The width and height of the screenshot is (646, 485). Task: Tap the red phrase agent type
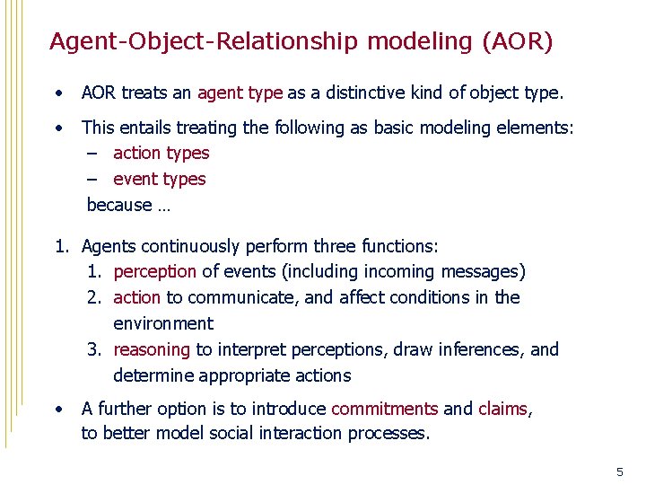(240, 93)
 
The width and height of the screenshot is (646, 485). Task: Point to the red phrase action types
(161, 154)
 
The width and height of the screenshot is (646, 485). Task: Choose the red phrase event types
(159, 180)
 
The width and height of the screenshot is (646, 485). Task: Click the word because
(118, 206)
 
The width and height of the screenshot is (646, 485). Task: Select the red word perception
(154, 271)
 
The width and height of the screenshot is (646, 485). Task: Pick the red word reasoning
(152, 349)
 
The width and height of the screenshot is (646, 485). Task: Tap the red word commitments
(384, 409)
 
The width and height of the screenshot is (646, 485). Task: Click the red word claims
(502, 409)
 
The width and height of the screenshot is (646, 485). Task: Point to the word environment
(163, 323)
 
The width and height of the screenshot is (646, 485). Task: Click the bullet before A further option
(58, 409)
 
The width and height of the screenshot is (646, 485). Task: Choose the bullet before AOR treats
(58, 93)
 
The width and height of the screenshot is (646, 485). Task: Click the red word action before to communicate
(137, 297)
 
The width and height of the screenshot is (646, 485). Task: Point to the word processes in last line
(390, 434)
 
